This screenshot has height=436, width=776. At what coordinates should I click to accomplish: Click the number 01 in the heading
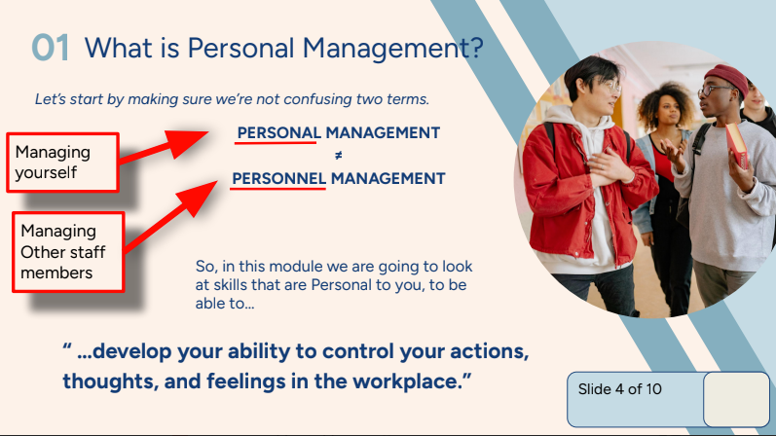[x=50, y=48]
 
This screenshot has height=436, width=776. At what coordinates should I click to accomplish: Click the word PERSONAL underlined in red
[x=278, y=133]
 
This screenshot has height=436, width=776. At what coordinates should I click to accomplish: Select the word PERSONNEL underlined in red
[x=278, y=179]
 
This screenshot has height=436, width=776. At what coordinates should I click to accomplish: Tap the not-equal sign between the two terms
[x=339, y=156]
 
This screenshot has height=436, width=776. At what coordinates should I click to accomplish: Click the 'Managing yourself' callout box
[x=64, y=163]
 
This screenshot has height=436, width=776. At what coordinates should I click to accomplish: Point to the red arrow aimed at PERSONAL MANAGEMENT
[x=166, y=146]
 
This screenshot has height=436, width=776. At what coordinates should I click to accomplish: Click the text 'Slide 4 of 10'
[x=619, y=389]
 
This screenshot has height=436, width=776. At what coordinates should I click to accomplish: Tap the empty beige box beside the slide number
[x=735, y=399]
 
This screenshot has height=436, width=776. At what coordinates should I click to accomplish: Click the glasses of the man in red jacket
[x=602, y=87]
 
